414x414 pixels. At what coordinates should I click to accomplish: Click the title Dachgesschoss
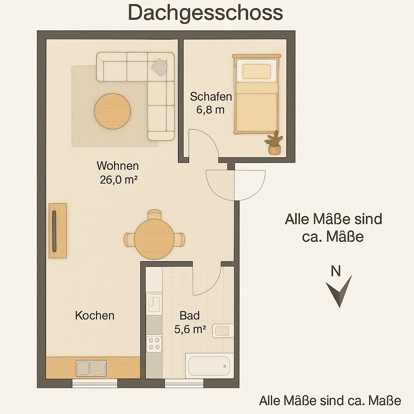pyautogui.click(x=205, y=13)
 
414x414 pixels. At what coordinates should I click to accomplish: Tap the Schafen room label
pyautogui.click(x=211, y=97)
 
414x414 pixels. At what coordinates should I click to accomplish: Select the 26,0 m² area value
pyautogui.click(x=117, y=180)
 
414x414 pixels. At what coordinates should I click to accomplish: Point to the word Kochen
pyautogui.click(x=95, y=315)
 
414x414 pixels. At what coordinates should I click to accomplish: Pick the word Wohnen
pyautogui.click(x=118, y=166)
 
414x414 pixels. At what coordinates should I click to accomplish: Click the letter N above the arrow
pyautogui.click(x=336, y=271)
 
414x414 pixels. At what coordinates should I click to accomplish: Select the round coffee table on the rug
pyautogui.click(x=112, y=111)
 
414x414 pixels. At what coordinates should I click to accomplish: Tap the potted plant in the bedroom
pyautogui.click(x=274, y=143)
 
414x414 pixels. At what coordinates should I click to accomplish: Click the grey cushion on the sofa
pyautogui.click(x=160, y=67)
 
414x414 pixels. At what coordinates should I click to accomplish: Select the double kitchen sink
pyautogui.click(x=91, y=368)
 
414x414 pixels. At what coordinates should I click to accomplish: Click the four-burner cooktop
pyautogui.click(x=154, y=344)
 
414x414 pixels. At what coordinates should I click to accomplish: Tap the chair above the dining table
pyautogui.click(x=154, y=214)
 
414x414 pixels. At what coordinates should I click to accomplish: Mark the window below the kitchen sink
pyautogui.click(x=95, y=383)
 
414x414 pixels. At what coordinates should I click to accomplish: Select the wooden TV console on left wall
pyautogui.click(x=58, y=230)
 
